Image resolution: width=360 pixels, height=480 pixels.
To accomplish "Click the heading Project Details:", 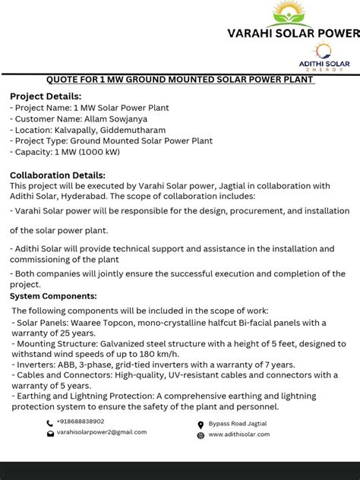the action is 45,96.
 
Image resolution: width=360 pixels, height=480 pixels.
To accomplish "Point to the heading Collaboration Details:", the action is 57,175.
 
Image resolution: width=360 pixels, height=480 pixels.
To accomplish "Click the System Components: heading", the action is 52,295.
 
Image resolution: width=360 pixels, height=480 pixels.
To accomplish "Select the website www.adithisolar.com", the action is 238,434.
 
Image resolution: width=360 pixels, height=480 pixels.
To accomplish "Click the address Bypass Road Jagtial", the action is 238,424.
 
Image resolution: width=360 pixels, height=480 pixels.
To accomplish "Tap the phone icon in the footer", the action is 50,423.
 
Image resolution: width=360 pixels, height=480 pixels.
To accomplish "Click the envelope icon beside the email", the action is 50,434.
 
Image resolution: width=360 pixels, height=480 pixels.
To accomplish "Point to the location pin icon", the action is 201,425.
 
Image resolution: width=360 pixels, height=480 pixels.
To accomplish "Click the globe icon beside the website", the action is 201,435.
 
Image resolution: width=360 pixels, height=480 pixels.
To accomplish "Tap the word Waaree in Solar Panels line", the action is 90,323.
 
